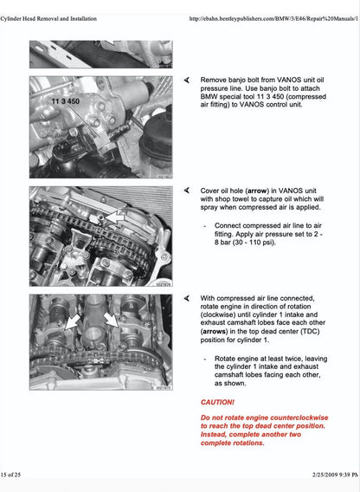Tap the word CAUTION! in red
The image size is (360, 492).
[217, 402]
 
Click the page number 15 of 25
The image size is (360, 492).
[17, 477]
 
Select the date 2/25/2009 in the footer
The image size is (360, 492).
[307, 477]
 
